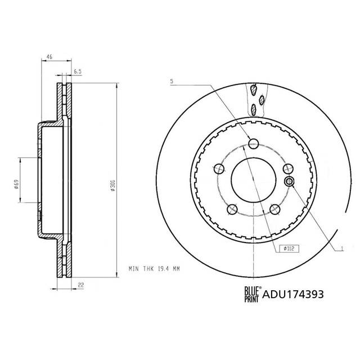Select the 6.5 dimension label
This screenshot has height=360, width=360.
pos(78,71)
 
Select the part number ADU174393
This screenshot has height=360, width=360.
pos(292,293)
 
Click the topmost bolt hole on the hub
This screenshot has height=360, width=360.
pos(253,142)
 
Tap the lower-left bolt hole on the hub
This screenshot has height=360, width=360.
pos(231,210)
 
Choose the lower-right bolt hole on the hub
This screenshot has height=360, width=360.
pos(275,210)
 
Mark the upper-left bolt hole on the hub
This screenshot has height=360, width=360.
pos(218,168)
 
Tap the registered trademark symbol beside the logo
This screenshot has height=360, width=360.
pos(260,287)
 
